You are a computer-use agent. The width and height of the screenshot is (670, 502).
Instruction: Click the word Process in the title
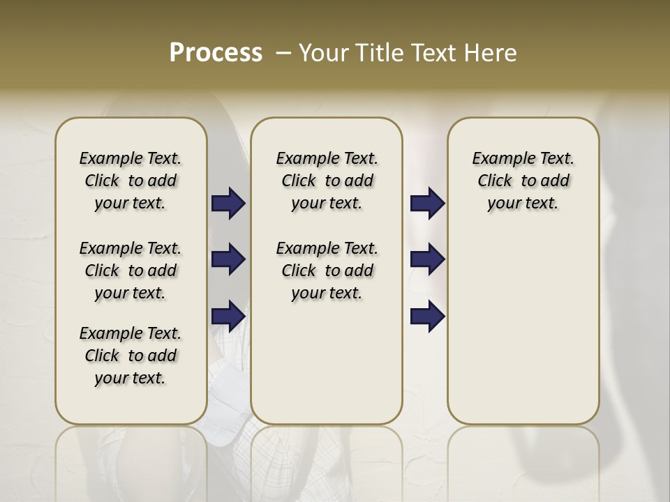pos(216,53)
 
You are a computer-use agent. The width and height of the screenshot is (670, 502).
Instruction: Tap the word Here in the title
pos(490,53)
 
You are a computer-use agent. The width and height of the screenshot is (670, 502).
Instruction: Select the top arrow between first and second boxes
pos(228,203)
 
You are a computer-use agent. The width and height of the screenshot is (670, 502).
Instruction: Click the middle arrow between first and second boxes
pos(228,259)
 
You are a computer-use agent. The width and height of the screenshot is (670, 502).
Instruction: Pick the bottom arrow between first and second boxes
pos(228,316)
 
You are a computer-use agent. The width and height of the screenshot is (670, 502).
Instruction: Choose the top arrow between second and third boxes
pos(427,203)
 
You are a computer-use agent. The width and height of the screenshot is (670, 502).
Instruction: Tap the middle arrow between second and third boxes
pos(427,259)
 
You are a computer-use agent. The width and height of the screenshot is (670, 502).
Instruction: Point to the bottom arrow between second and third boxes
pos(427,316)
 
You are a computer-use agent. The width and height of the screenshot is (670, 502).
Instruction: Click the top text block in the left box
pos(131,181)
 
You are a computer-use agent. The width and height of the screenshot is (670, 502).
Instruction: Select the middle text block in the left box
pos(131,271)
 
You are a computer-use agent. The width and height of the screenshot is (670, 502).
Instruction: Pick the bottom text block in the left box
pos(131,356)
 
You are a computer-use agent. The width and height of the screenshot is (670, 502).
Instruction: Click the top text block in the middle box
pos(327,181)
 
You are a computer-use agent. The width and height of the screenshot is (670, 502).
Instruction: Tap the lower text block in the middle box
pos(327,271)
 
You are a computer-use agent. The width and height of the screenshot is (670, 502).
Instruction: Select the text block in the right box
pos(523,181)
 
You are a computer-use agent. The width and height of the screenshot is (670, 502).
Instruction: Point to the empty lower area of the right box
pos(523,328)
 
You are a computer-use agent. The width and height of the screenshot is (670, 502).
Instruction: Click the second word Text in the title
pos(433,53)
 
